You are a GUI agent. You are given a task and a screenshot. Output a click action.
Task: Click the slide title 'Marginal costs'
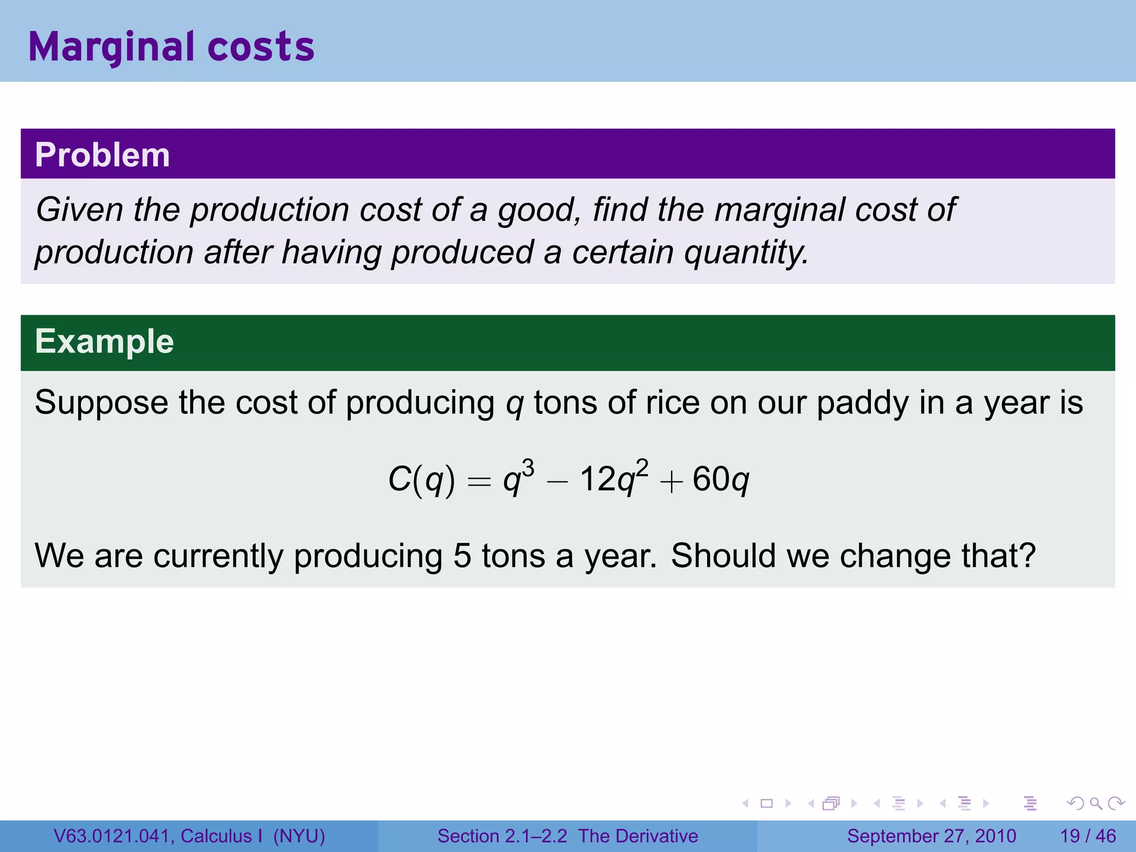tap(171, 47)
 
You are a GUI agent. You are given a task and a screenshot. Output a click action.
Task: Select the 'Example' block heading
tap(104, 341)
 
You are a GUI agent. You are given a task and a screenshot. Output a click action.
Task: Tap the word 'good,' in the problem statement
tap(540, 211)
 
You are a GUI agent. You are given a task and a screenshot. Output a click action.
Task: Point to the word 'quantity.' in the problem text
tap(746, 253)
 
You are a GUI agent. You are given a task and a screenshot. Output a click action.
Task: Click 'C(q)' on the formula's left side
tap(421, 479)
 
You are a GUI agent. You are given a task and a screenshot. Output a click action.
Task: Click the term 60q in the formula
tap(721, 479)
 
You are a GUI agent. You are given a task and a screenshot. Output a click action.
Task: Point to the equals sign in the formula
tap(479, 481)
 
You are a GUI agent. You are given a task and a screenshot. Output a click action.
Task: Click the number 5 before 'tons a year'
tap(462, 556)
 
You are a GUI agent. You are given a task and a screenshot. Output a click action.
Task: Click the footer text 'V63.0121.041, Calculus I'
tap(158, 836)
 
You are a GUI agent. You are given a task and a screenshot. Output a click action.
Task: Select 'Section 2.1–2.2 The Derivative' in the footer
tap(567, 836)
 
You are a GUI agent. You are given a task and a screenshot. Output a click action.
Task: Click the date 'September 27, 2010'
tap(931, 836)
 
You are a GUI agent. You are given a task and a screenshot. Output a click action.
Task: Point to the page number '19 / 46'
tap(1088, 836)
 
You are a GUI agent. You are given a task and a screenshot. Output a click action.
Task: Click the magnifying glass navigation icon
tap(1095, 803)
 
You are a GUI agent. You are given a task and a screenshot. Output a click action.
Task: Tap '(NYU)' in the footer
tap(299, 836)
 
